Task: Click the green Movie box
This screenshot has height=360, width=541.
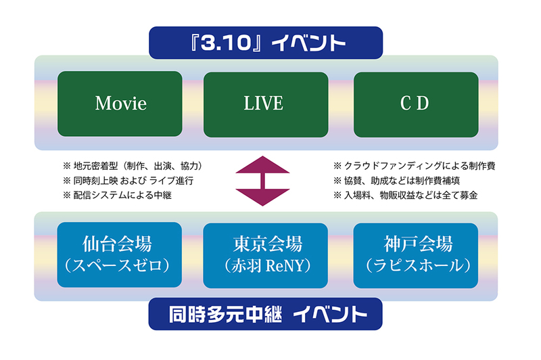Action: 120,104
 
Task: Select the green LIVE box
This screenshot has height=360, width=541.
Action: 266,104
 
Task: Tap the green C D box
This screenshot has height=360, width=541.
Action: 416,104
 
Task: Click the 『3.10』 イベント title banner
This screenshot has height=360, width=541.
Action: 266,43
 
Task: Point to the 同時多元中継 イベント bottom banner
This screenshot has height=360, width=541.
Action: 265,314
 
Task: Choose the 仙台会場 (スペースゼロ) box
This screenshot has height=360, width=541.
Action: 120,254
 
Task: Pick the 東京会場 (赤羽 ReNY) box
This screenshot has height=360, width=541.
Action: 265,255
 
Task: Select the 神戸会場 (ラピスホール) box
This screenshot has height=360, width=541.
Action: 416,255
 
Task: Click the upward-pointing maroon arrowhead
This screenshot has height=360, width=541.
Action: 262,164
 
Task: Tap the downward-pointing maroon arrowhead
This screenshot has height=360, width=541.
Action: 262,198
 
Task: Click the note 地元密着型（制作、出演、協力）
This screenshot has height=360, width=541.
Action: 137,166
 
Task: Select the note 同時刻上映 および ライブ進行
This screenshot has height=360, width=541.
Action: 133,181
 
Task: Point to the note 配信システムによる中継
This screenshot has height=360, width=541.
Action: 122,196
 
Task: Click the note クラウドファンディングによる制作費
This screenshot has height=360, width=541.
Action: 419,166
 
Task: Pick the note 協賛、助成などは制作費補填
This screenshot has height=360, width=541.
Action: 402,181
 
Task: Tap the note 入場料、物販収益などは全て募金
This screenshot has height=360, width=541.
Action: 411,196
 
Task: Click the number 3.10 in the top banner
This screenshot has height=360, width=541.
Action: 225,43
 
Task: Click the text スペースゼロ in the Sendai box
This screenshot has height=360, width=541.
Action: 117,266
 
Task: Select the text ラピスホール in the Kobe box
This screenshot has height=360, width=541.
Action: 417,266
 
